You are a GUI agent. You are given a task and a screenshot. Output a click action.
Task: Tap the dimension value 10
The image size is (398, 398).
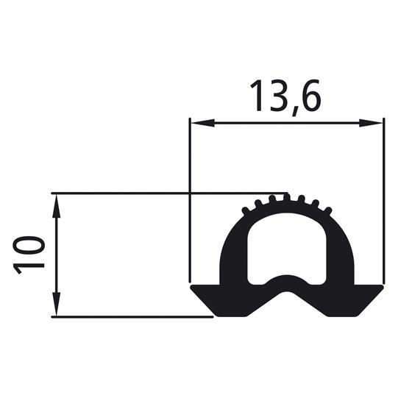click(x=28, y=255)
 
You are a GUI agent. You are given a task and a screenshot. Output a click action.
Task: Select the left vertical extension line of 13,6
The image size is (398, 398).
click(x=190, y=199)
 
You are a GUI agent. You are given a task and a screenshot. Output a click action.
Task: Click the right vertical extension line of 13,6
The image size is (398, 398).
click(x=383, y=199)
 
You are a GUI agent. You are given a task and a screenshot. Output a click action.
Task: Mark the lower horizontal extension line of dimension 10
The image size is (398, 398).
click(x=132, y=317)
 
